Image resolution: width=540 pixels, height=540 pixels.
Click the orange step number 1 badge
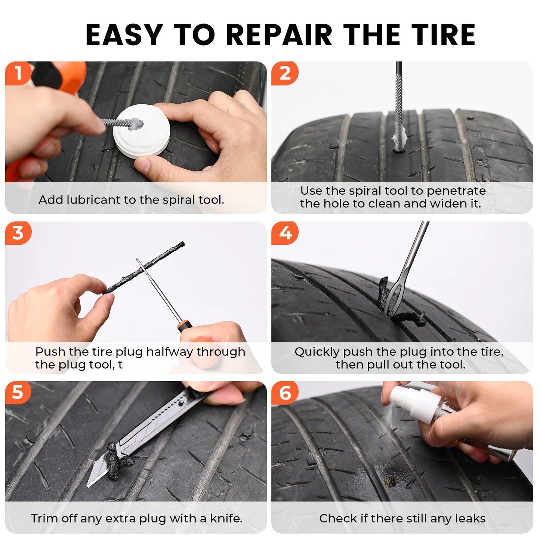(18, 73)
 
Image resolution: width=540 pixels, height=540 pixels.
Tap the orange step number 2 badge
(285, 73)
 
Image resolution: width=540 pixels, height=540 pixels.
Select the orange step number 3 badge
(18, 233)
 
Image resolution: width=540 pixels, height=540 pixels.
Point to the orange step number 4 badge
(285, 233)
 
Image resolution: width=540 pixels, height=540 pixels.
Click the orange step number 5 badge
(18, 393)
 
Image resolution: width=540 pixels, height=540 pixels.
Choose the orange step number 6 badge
(285, 393)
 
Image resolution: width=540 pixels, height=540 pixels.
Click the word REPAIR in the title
(279, 35)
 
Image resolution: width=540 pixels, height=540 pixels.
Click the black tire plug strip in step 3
(144, 267)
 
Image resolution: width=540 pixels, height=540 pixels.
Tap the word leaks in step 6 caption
(472, 518)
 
